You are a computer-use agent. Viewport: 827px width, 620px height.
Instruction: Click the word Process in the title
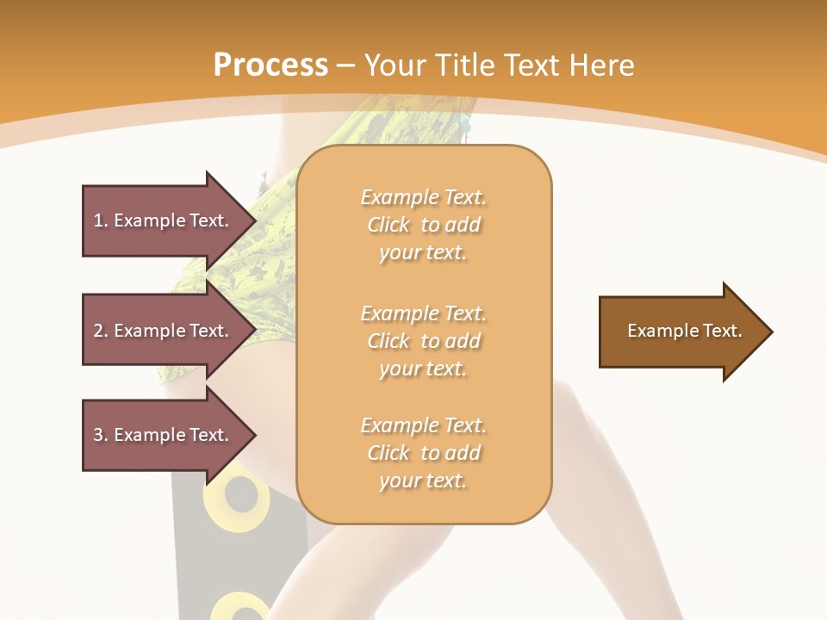tap(270, 65)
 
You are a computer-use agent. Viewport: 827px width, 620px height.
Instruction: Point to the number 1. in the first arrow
tap(101, 220)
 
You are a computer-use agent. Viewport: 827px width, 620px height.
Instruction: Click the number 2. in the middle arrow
tap(101, 331)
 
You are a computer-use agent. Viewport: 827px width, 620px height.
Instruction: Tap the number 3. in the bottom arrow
tap(101, 435)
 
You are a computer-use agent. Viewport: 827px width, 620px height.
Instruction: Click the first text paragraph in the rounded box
tap(423, 225)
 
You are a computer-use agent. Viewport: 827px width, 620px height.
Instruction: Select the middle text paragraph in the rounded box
tap(423, 340)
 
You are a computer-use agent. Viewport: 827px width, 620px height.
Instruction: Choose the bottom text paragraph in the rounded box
tap(423, 453)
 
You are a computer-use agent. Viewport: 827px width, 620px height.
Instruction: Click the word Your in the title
tap(395, 65)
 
